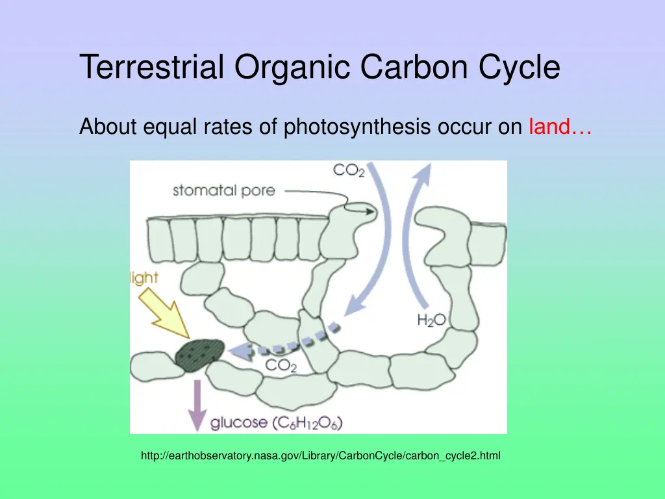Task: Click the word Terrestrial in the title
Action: click(x=153, y=68)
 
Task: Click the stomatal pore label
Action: click(x=223, y=191)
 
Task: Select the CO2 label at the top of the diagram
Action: click(x=349, y=171)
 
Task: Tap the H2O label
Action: click(x=431, y=320)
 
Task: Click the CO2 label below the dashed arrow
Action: click(x=281, y=366)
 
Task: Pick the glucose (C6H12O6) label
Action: click(x=276, y=423)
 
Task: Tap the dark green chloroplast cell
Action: click(x=199, y=355)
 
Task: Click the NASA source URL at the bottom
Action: click(x=321, y=456)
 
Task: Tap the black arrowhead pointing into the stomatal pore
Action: click(x=371, y=211)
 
